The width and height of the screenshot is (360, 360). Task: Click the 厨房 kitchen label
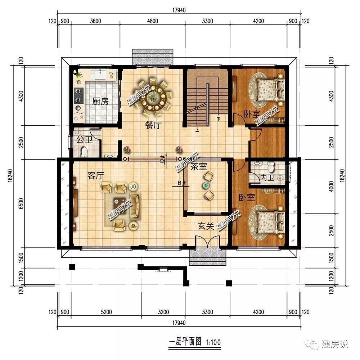click(100, 101)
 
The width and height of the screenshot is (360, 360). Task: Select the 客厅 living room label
click(95, 176)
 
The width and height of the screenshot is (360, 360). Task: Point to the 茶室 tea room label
click(199, 167)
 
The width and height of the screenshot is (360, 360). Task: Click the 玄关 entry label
click(206, 226)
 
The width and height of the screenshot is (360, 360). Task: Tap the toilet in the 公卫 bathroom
click(85, 152)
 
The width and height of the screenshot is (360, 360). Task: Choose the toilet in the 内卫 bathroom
click(271, 167)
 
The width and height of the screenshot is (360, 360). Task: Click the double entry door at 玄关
click(207, 242)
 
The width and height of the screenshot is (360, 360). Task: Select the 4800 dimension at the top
click(153, 21)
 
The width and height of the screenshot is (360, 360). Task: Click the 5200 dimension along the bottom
click(106, 312)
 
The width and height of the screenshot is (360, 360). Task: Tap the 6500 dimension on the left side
click(21, 203)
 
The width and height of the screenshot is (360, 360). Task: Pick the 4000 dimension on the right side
click(331, 186)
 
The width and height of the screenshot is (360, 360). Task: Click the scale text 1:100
click(213, 342)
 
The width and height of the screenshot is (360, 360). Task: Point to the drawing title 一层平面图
click(185, 342)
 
